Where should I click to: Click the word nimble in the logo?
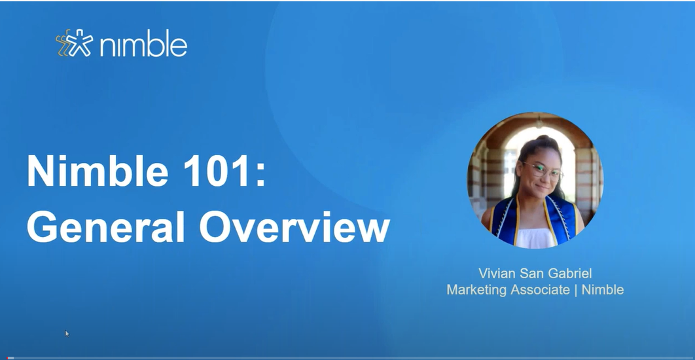click(141, 45)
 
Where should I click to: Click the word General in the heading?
click(105, 226)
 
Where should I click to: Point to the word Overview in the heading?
click(294, 226)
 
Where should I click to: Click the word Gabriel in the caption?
click(568, 273)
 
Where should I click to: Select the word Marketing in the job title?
click(476, 289)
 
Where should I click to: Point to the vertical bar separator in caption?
click(576, 289)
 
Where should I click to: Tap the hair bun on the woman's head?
click(532, 142)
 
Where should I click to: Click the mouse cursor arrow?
click(67, 333)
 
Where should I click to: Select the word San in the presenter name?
click(532, 273)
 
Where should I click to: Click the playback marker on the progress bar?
click(10, 358)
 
